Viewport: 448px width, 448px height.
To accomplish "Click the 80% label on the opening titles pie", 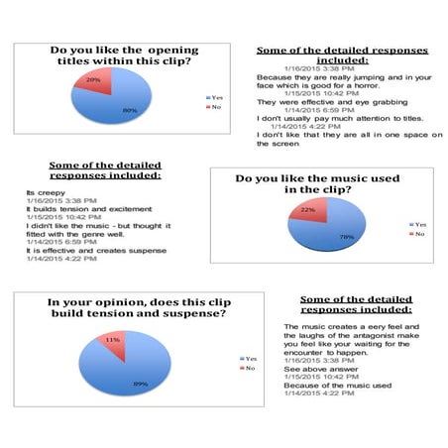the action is (130, 111).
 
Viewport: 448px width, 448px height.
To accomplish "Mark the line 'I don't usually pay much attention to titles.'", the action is (337, 117).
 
